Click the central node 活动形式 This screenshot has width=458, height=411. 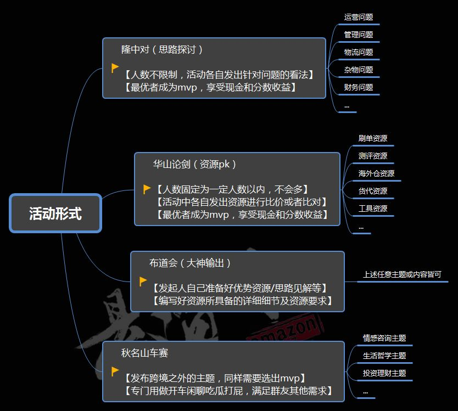[55, 213]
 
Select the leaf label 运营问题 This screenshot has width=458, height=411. [359, 17]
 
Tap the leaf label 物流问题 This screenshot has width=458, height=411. [359, 52]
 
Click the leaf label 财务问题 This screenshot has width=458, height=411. [359, 87]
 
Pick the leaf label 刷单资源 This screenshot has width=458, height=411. [373, 138]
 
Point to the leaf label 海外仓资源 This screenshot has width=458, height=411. [376, 173]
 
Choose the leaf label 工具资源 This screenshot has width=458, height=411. [373, 209]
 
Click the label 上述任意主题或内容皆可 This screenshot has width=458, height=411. [402, 274]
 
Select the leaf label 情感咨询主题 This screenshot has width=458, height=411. [384, 338]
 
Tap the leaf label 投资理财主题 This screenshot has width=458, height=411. [384, 373]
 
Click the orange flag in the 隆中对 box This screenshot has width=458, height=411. [115, 68]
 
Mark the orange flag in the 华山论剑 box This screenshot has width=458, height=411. [147, 189]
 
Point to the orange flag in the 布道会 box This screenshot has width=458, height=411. [143, 281]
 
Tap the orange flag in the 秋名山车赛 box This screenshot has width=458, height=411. [115, 371]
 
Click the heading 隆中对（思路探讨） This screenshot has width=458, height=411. [162, 49]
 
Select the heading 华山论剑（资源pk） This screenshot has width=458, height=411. [194, 164]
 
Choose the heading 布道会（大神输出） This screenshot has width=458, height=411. [190, 263]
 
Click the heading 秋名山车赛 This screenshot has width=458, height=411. [144, 353]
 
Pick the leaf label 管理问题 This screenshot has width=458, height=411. [359, 35]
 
